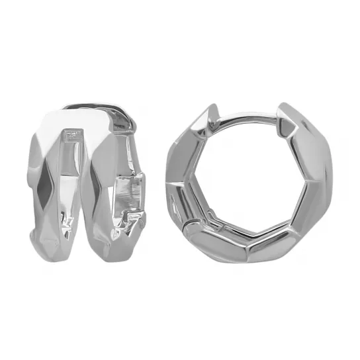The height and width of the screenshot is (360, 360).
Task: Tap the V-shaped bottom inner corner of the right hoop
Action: tap(252, 236)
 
